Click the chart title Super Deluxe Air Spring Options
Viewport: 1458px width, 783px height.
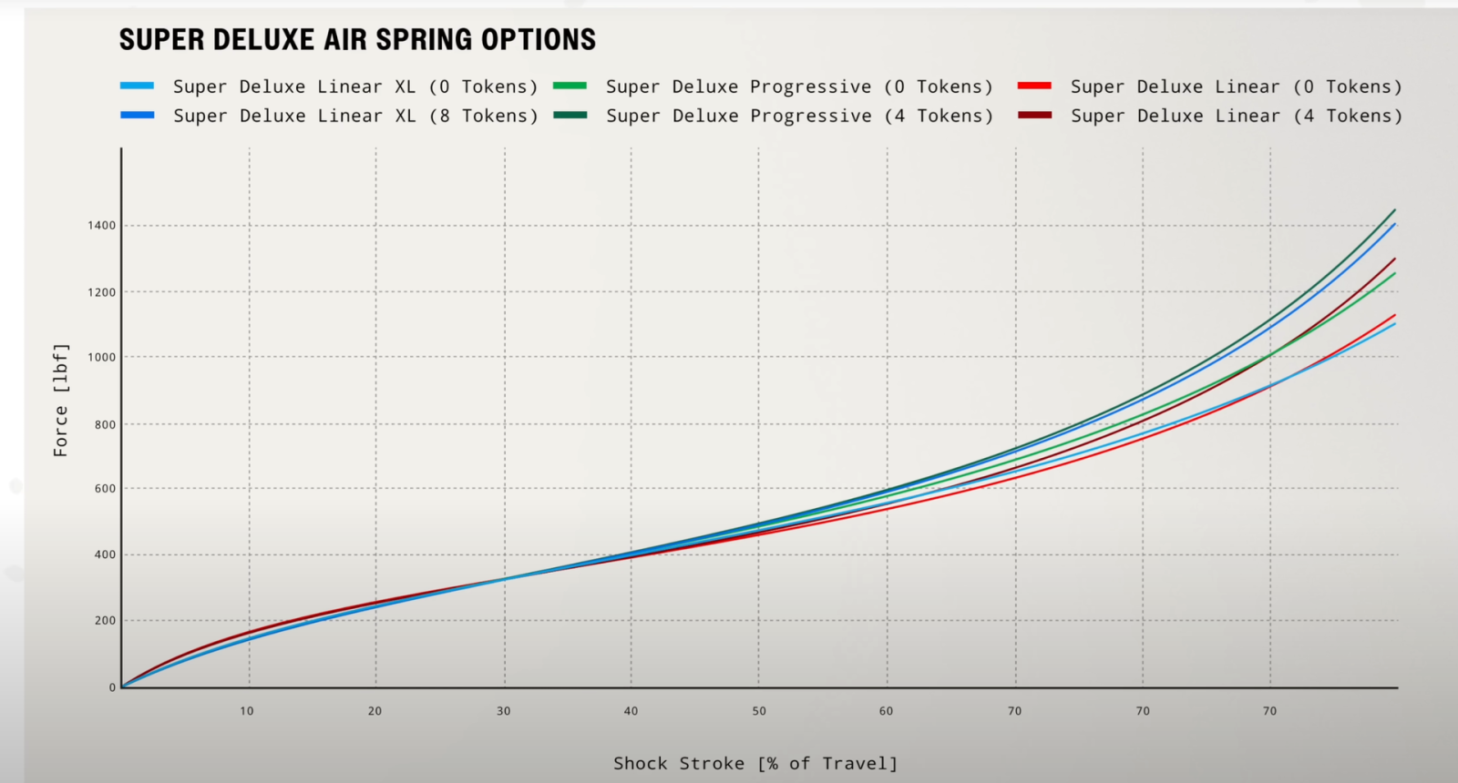click(x=357, y=40)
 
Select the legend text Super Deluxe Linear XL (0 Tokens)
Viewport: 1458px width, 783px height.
click(x=355, y=86)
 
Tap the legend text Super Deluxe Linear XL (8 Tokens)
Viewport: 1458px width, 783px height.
click(x=355, y=116)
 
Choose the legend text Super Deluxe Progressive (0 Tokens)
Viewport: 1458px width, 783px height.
click(x=799, y=86)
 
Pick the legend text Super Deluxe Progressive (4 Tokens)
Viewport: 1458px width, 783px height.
click(x=799, y=116)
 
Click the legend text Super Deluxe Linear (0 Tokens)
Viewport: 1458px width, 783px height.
click(x=1236, y=86)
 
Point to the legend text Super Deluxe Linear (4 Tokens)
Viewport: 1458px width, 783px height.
click(x=1236, y=116)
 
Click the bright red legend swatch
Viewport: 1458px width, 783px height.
click(x=1034, y=86)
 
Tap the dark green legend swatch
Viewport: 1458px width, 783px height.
click(x=570, y=115)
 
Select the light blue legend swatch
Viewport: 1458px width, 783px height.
click(x=137, y=86)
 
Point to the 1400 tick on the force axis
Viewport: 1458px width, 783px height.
click(x=102, y=226)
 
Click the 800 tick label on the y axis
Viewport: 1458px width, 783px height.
click(x=105, y=424)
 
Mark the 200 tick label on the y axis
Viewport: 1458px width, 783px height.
click(x=105, y=621)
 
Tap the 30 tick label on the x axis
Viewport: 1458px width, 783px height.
click(x=503, y=711)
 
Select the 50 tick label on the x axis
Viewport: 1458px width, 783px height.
click(x=759, y=711)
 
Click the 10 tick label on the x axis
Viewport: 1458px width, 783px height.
click(x=247, y=711)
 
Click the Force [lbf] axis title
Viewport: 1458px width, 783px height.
click(x=60, y=400)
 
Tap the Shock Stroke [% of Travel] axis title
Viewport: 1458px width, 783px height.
click(x=755, y=763)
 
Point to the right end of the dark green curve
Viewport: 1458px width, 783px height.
click(x=1394, y=210)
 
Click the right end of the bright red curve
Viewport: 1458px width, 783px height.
click(x=1394, y=316)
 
